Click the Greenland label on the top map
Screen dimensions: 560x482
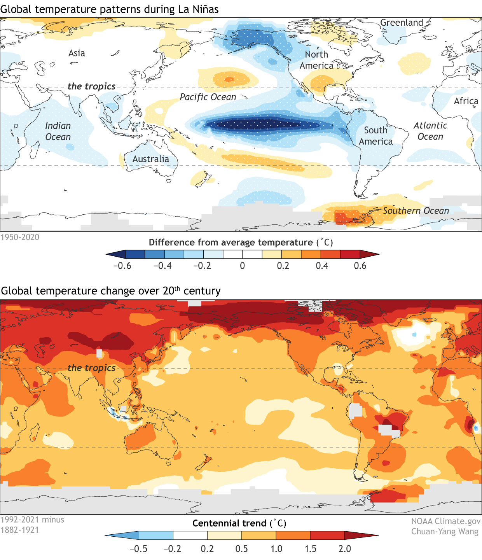(x=402, y=23)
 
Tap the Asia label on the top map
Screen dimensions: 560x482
(x=77, y=53)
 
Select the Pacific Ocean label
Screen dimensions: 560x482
(x=208, y=97)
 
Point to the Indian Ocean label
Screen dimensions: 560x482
(x=58, y=131)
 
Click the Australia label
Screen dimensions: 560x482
(x=151, y=159)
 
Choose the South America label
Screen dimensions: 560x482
(x=375, y=136)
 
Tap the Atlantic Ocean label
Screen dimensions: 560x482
(x=430, y=131)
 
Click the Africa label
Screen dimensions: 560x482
(x=466, y=101)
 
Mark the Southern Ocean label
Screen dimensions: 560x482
(x=416, y=211)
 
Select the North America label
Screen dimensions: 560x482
(x=316, y=60)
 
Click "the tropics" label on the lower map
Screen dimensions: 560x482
(x=92, y=368)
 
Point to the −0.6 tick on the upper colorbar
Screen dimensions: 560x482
(x=122, y=266)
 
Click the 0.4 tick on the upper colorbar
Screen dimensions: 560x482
(x=322, y=266)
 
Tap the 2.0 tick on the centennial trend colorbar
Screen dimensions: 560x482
(x=345, y=549)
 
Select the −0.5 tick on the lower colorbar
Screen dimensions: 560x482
(x=138, y=549)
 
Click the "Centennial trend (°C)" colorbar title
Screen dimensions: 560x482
(x=239, y=523)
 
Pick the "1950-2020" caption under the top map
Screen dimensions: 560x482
(x=20, y=237)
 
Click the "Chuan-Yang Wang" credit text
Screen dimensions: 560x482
(x=445, y=531)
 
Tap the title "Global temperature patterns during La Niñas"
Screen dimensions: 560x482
(x=110, y=9)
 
